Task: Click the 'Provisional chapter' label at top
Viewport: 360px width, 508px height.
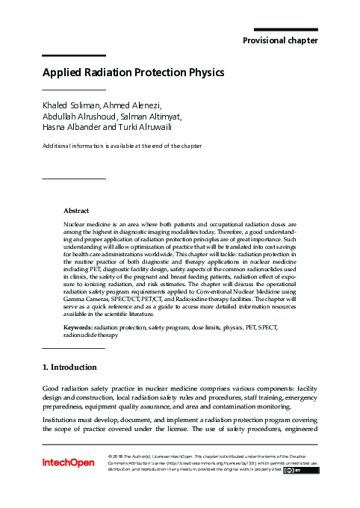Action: [x=281, y=40]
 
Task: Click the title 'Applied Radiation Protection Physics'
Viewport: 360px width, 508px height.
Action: [x=133, y=74]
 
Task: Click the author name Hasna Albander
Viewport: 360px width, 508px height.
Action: [x=73, y=128]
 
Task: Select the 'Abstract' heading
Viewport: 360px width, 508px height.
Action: [x=76, y=211]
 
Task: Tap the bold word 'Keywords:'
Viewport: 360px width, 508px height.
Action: [x=78, y=327]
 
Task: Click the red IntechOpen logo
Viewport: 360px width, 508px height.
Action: [x=68, y=463]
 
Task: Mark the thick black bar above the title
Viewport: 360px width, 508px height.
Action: [x=73, y=55]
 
